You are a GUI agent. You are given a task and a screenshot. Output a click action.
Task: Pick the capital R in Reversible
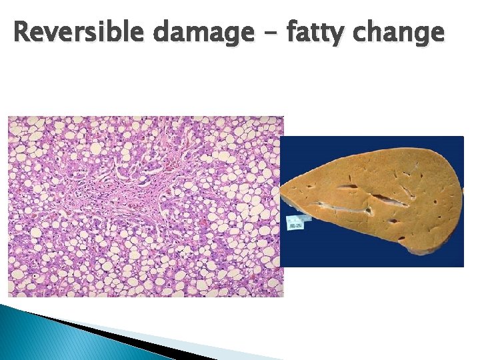coord(21,31)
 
